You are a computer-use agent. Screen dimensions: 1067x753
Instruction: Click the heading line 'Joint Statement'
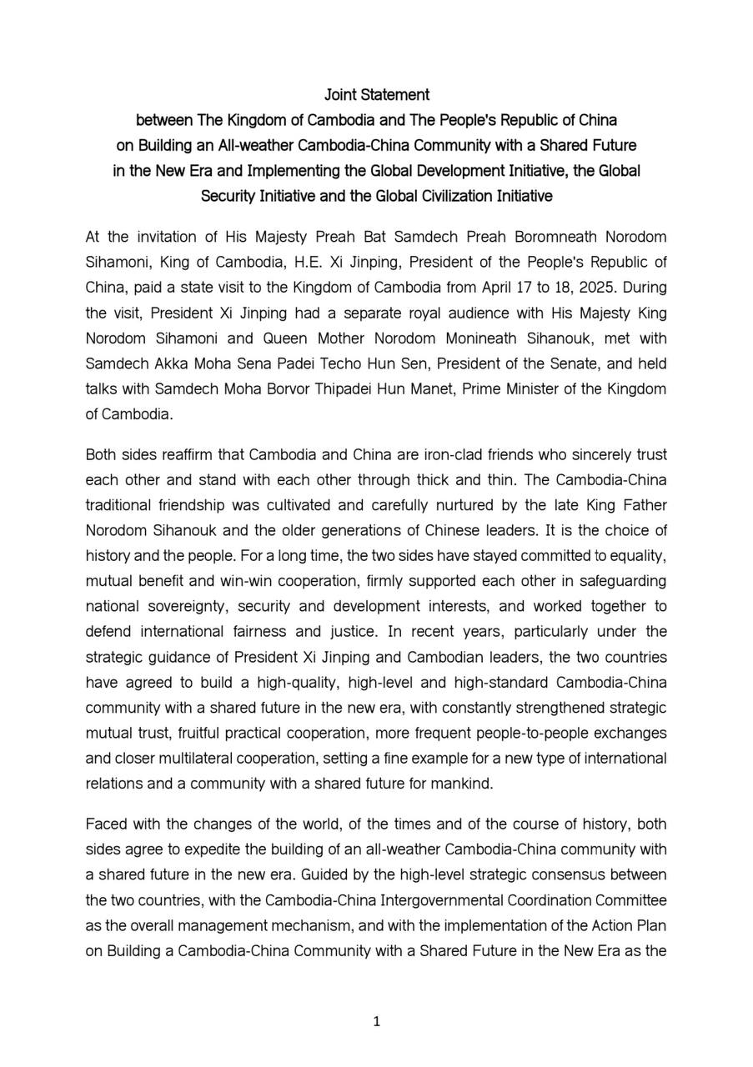click(x=376, y=95)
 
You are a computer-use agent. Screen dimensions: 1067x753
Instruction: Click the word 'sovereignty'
click(x=174, y=607)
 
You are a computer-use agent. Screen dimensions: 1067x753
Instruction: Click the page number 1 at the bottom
click(x=377, y=1021)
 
